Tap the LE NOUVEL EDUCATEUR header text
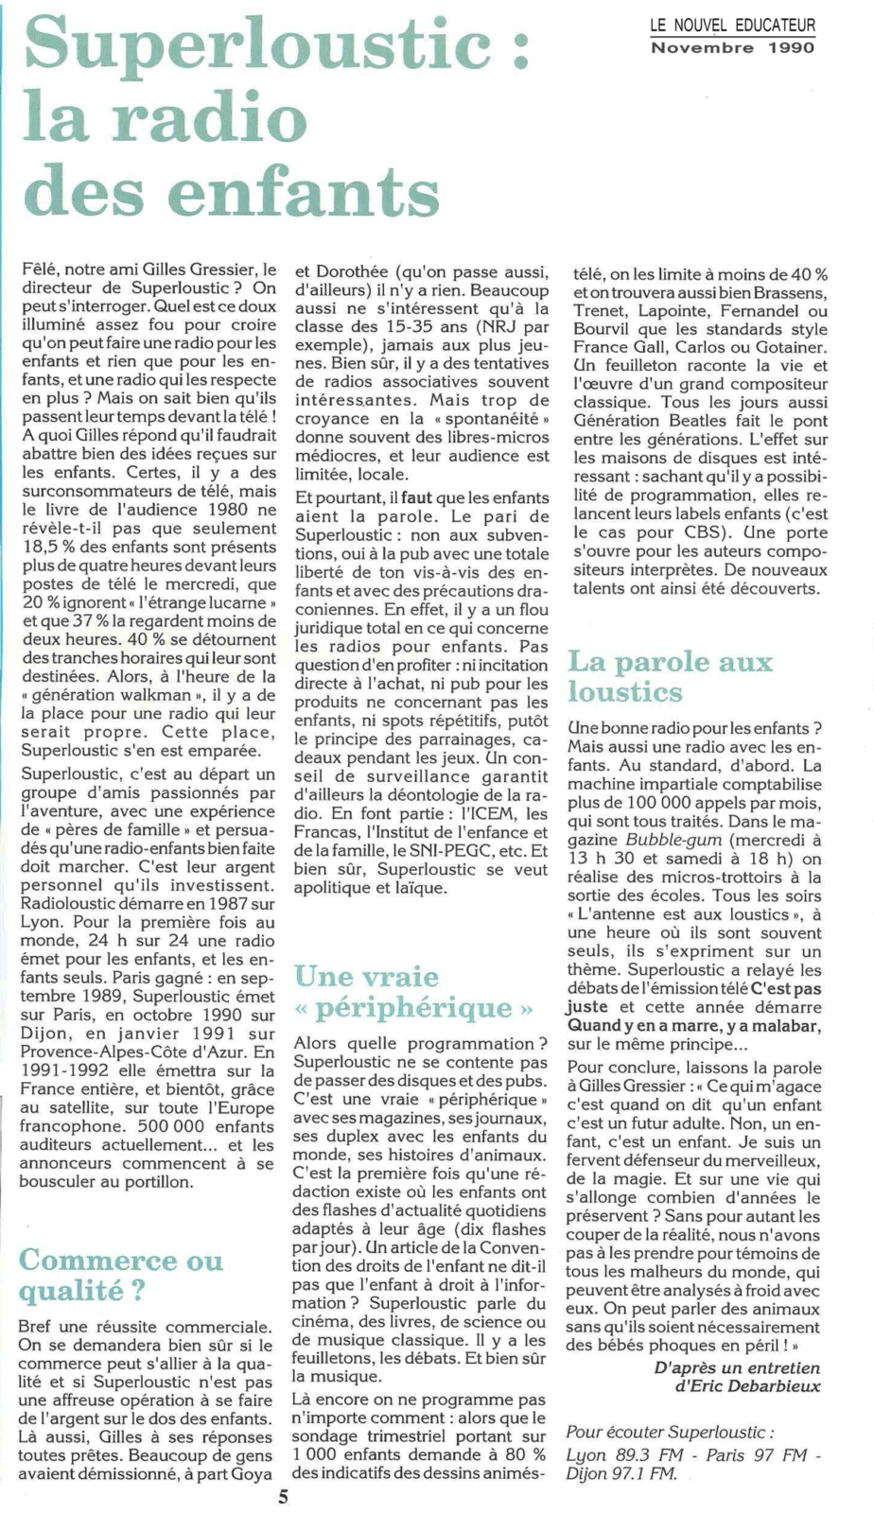[x=732, y=26]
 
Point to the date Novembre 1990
[x=732, y=47]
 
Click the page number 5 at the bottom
[x=283, y=1496]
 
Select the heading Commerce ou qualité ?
[x=121, y=1274]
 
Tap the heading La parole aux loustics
[x=670, y=676]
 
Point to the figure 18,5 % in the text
[x=50, y=548]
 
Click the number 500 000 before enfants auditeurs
[x=172, y=1126]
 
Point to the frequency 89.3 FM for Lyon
[x=647, y=1454]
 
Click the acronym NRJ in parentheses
[x=502, y=327]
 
